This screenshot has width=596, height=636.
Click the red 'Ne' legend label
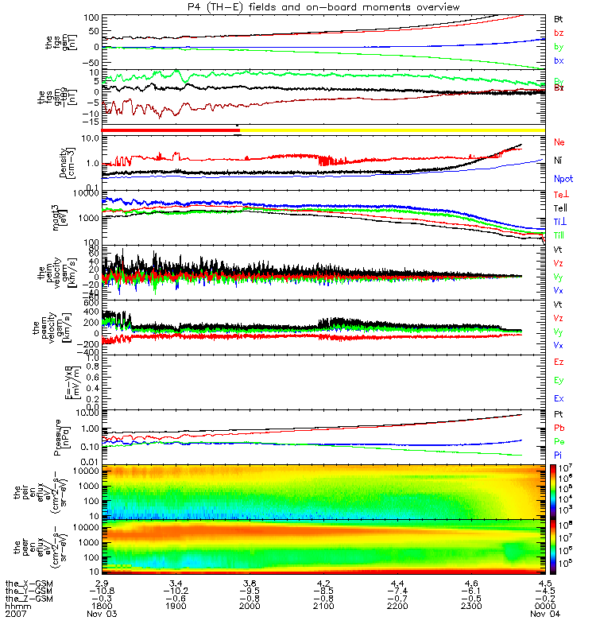(559, 142)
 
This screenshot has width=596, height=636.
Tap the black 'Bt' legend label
(559, 17)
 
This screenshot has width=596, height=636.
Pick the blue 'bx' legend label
(559, 60)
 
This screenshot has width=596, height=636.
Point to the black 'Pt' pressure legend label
(559, 415)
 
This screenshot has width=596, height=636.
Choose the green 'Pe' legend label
(559, 440)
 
